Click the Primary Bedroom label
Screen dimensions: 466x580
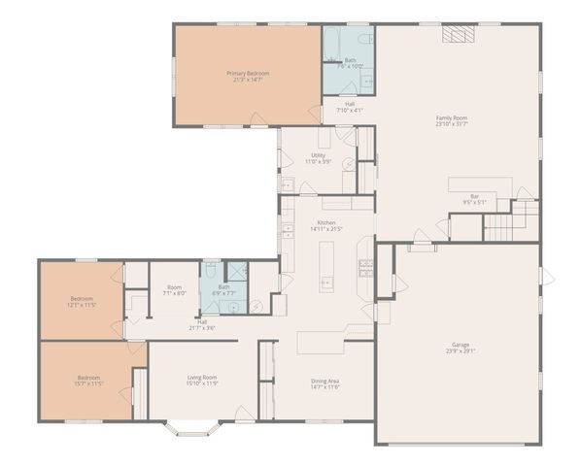coord(248,76)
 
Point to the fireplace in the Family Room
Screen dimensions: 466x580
coord(456,35)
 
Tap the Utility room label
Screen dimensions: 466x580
coord(318,158)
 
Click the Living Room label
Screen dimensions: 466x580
coord(202,380)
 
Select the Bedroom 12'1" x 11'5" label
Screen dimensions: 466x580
coord(82,302)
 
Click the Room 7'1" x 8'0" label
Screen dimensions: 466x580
coord(174,290)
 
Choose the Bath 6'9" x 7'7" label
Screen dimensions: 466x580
coord(224,290)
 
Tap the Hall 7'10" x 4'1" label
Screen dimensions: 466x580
coord(349,107)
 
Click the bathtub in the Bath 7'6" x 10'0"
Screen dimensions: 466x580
coord(330,44)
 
